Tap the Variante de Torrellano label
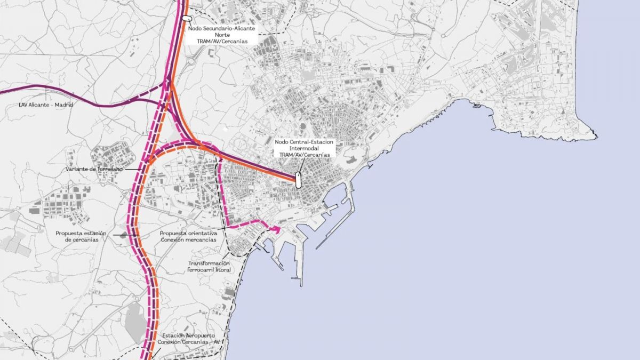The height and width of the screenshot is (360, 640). [x=94, y=169]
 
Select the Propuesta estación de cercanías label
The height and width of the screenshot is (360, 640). [x=82, y=236]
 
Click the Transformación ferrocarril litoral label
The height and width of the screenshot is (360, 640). [x=209, y=267]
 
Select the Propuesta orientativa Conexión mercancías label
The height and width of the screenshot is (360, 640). [x=189, y=236]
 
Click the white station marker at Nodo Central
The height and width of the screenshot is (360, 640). [x=298, y=180]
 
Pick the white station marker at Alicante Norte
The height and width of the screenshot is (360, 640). [x=186, y=18]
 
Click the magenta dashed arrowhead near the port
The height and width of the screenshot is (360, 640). [x=276, y=229]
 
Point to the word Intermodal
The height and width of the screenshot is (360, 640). [x=304, y=148]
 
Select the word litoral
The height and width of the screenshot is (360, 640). [x=220, y=270]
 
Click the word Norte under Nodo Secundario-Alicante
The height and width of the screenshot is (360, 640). [x=222, y=34]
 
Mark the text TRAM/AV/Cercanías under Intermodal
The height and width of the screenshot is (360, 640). [x=304, y=155]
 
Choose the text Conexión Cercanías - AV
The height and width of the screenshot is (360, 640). [x=189, y=341]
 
